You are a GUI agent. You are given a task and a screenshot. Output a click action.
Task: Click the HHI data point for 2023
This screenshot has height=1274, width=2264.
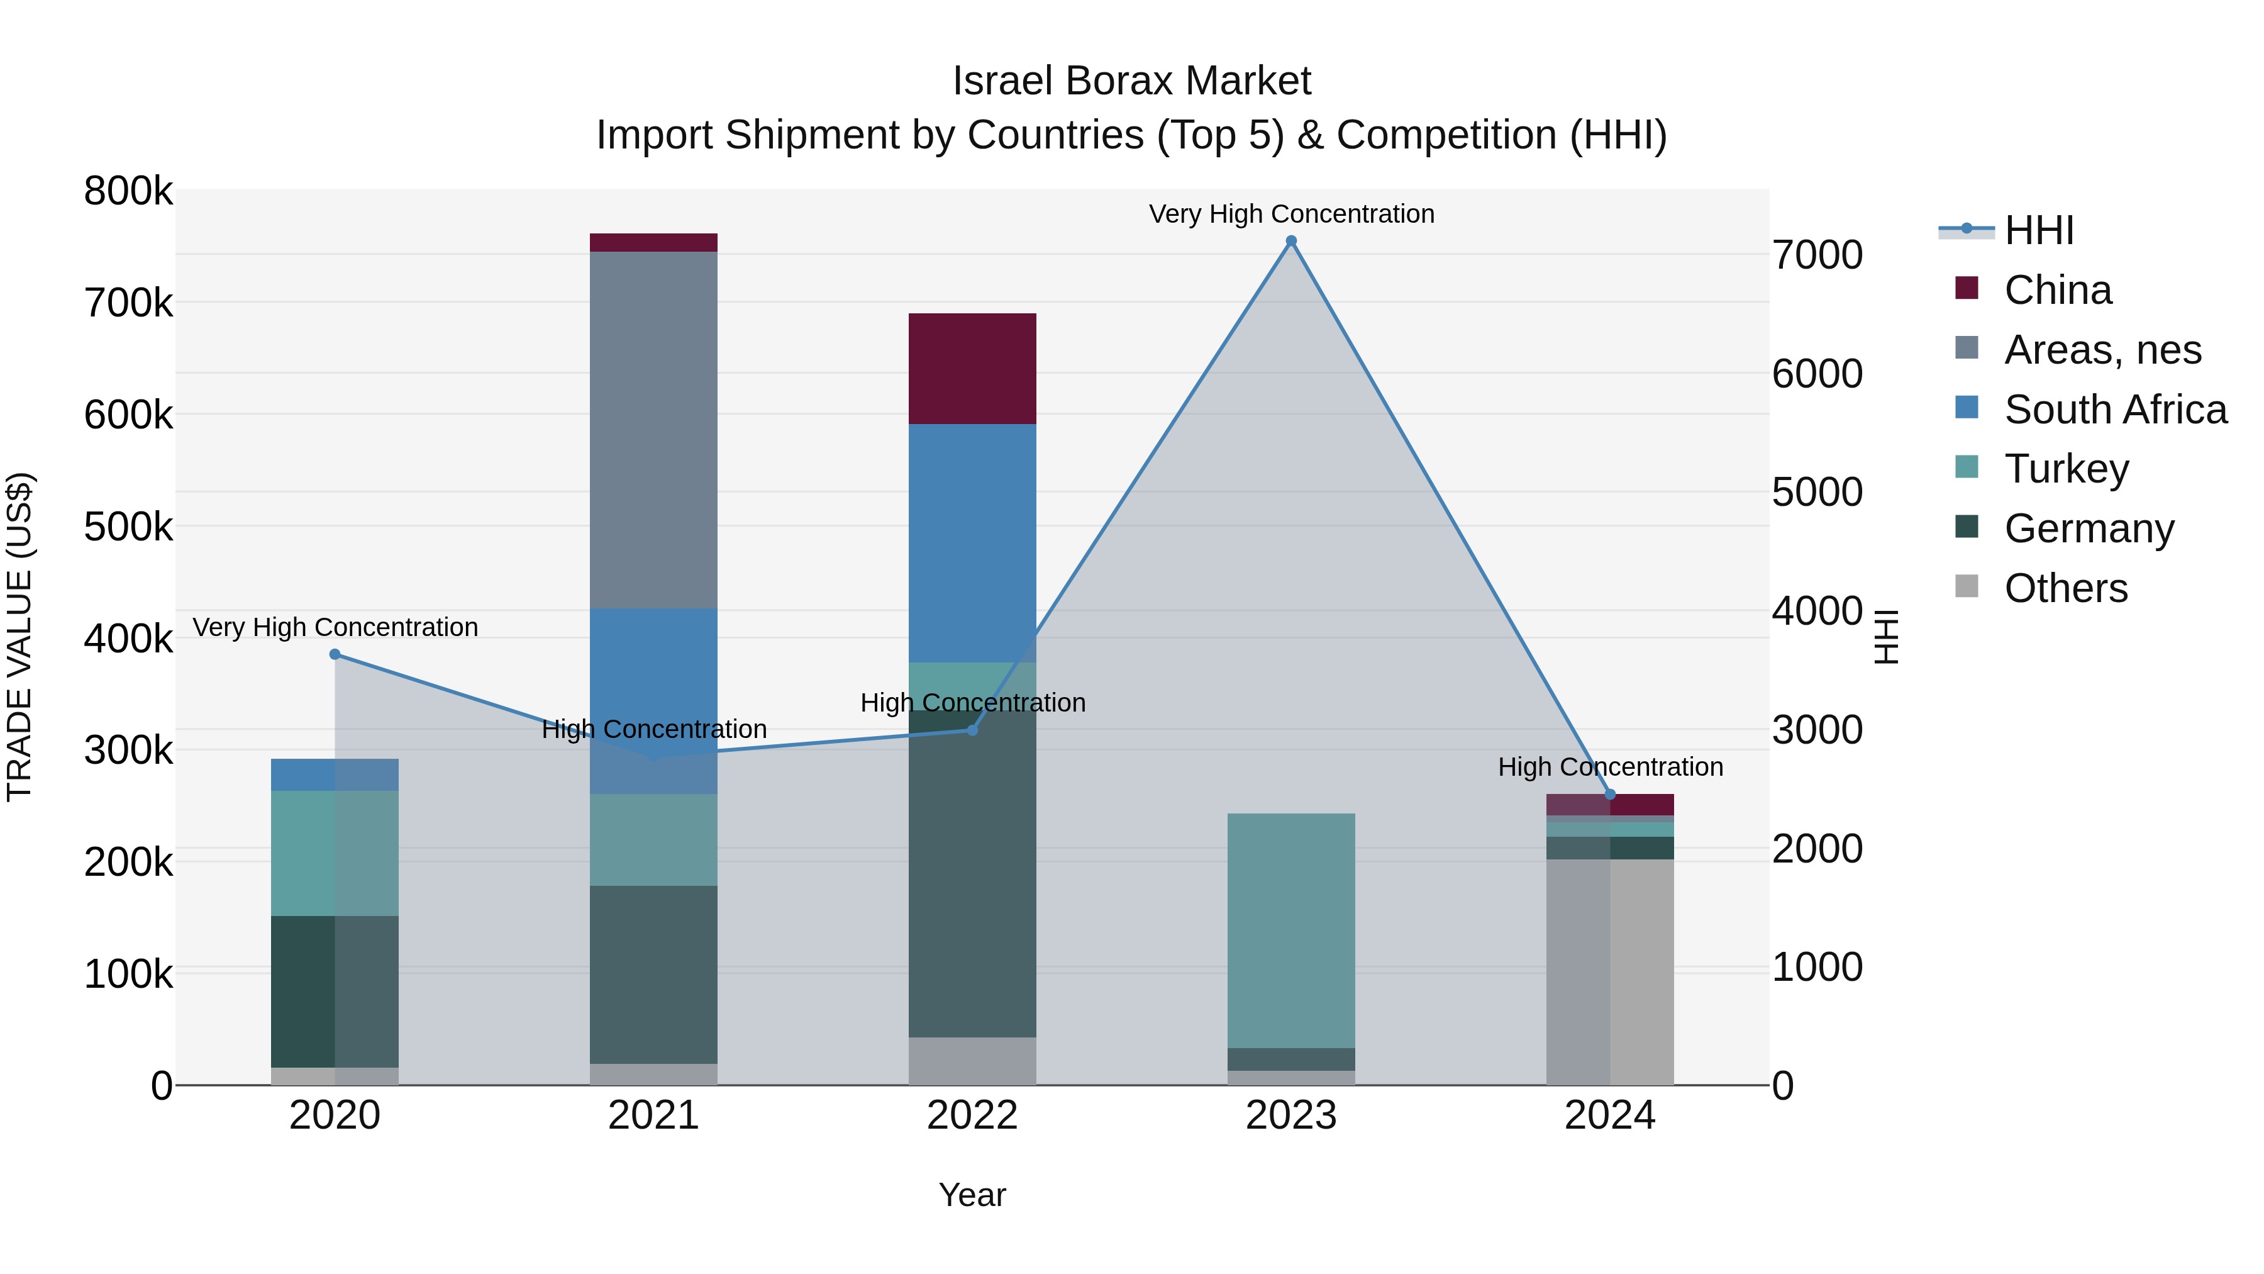coord(1291,241)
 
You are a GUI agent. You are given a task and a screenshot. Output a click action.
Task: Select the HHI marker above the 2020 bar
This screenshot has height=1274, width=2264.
coord(335,654)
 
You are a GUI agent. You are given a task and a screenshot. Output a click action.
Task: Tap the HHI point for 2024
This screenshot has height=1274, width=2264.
coord(1610,795)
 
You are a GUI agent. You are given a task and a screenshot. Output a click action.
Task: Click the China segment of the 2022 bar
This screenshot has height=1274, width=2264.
coord(972,369)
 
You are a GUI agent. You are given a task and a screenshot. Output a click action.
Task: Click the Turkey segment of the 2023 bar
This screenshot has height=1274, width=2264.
coord(1291,930)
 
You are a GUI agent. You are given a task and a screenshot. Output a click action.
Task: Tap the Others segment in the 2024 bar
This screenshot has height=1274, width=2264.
coord(1610,971)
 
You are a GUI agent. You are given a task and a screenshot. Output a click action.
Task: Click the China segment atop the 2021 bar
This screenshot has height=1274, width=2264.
coord(653,243)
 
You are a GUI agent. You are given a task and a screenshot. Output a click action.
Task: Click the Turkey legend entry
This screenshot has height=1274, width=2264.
coord(2067,469)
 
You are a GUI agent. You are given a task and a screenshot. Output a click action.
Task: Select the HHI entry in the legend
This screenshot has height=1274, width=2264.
coord(2039,230)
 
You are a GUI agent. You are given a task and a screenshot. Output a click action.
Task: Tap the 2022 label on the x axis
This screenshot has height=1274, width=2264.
coord(972,1115)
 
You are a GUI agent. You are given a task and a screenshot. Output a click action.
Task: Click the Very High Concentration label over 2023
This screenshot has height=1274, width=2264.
coord(1291,214)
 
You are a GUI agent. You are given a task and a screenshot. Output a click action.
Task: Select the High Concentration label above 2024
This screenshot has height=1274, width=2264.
coord(1610,767)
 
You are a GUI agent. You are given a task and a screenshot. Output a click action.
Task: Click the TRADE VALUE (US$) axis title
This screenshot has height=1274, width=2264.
coord(19,637)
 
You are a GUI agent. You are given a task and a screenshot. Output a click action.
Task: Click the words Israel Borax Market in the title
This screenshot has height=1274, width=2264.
coord(1131,81)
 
